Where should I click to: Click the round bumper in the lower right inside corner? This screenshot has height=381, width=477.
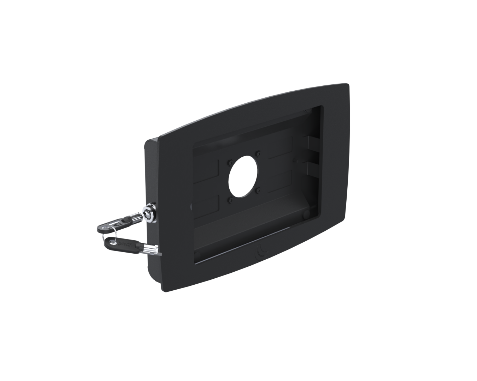pos(304,213)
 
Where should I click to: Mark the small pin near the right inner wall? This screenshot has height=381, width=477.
pos(296,161)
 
